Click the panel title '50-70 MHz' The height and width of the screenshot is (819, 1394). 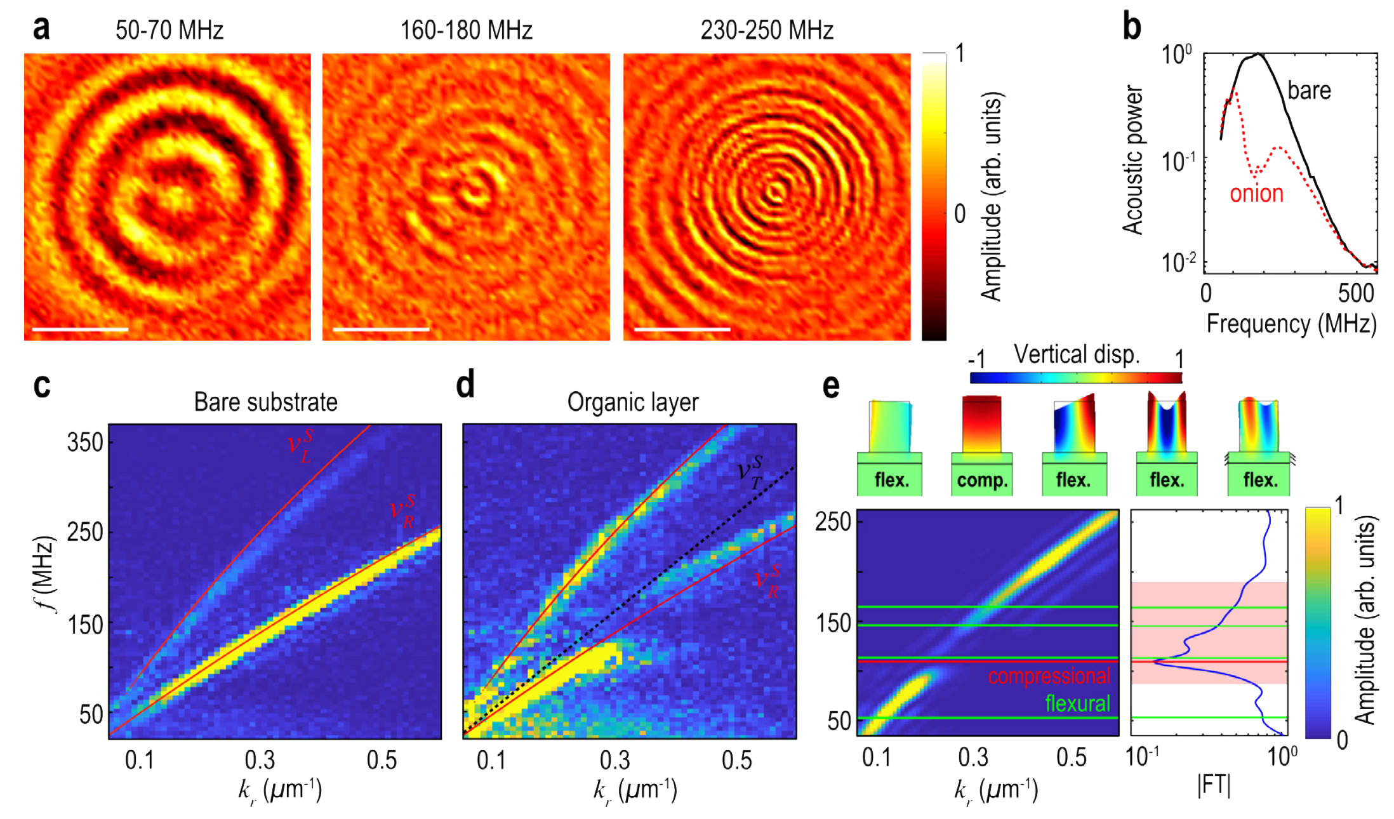pos(169,30)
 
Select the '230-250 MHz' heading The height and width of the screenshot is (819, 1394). pos(766,30)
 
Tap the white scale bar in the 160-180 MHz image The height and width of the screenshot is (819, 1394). pos(381,330)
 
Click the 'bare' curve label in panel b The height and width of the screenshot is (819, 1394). pos(1309,91)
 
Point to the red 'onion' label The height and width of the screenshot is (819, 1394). pos(1256,194)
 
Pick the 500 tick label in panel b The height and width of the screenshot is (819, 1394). pos(1356,294)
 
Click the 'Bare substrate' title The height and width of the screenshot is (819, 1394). pos(265,402)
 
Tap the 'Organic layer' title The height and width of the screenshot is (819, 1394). pos(633,402)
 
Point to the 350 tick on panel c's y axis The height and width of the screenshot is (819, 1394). pos(85,443)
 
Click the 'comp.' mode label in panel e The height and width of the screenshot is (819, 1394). pos(982,480)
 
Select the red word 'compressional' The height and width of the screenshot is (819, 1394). pos(1049,676)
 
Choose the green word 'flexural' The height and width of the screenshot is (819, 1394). pos(1077,703)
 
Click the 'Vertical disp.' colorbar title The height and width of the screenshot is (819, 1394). pos(1077,354)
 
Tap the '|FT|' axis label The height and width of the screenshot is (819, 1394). pos(1214,785)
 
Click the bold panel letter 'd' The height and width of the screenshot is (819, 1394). pos(465,385)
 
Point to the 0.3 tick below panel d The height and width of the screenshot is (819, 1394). pos(614,760)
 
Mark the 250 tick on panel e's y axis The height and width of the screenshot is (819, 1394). pos(833,522)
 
